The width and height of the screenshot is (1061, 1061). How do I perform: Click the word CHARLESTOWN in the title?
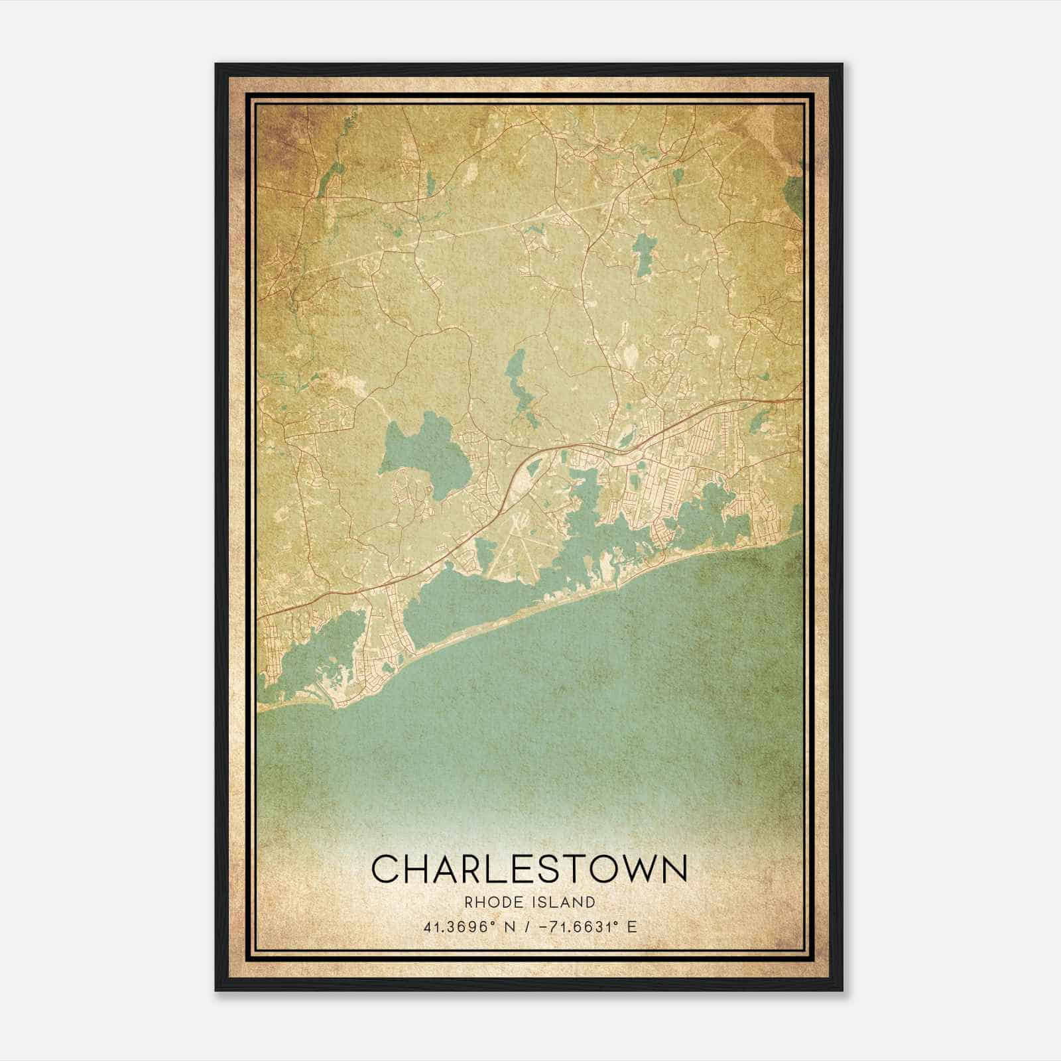[529, 869]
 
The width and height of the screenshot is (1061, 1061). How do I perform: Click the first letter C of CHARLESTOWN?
[385, 869]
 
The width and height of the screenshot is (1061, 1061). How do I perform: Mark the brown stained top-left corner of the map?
[279, 126]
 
